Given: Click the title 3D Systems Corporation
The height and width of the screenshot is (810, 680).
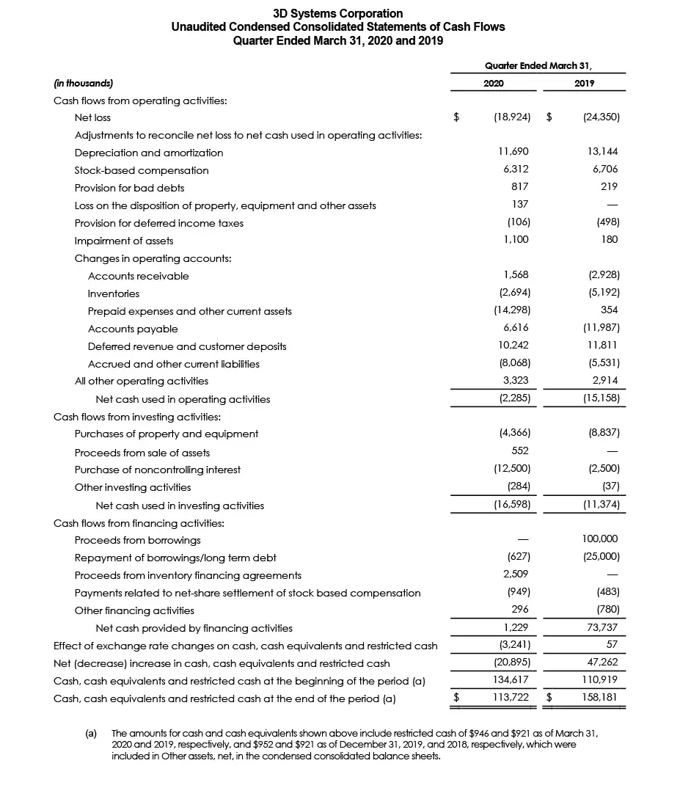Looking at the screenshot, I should click(337, 13).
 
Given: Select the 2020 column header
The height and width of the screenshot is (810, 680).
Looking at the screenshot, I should click(494, 84).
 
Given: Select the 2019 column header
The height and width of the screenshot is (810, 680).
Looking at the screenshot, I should click(585, 84).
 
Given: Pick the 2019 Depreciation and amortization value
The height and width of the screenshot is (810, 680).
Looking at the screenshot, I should click(604, 152).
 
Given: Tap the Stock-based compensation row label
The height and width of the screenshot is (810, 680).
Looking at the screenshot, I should click(142, 170).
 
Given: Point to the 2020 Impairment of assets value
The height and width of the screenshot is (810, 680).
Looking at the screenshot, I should click(516, 240).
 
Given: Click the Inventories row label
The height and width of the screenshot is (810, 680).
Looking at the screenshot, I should click(114, 293).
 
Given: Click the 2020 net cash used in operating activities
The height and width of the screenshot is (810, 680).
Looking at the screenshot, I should click(514, 398).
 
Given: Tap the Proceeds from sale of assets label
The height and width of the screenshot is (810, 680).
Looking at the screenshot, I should click(142, 452).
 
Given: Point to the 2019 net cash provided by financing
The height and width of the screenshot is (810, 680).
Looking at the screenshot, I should click(603, 627).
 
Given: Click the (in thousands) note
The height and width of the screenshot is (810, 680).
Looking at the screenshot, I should click(84, 84).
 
